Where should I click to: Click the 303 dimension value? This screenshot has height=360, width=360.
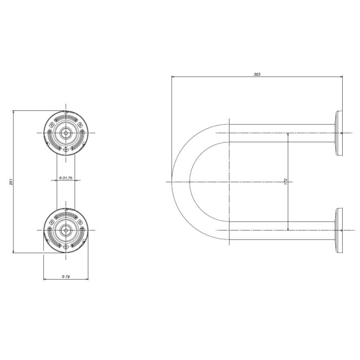coord(257,74)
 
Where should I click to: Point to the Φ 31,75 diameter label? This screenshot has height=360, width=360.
coord(66,178)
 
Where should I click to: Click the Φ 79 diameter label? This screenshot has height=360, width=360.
coord(66,276)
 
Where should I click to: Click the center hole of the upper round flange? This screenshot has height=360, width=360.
coord(66,133)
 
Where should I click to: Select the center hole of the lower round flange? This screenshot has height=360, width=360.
coord(66,230)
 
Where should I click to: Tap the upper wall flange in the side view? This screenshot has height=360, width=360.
coord(338,133)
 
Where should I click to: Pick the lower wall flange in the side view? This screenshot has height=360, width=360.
coord(338,230)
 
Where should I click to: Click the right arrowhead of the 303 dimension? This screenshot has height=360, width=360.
coord(340,77)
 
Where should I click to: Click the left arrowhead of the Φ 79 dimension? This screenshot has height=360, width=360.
coord(46,279)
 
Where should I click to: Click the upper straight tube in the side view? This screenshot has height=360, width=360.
coord(283,133)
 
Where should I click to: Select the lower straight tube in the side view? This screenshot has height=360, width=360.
coord(283,230)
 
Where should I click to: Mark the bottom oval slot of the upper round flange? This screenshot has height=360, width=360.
coord(66,149)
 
